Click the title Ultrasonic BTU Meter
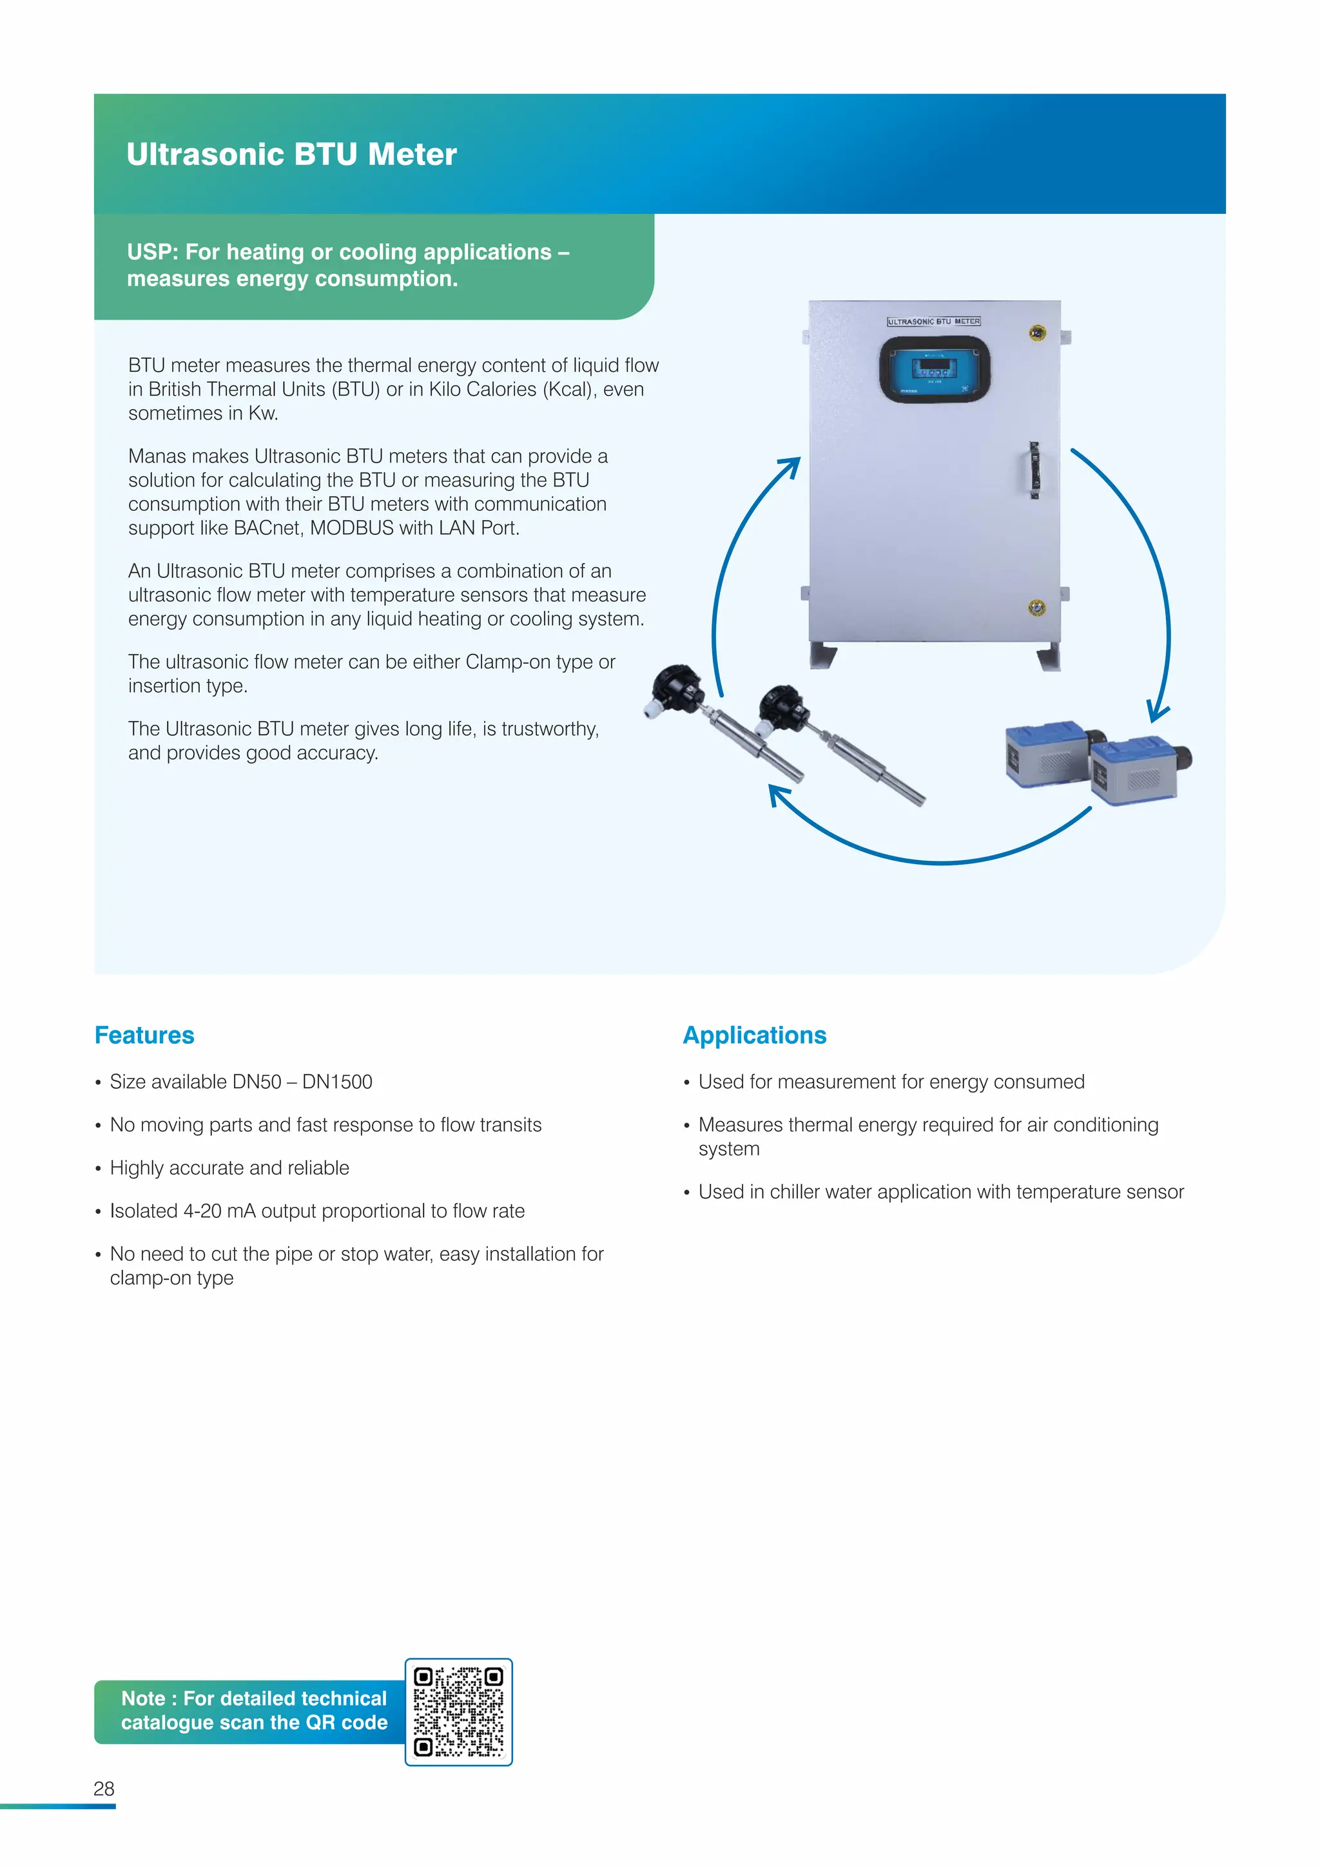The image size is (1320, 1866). click(x=291, y=155)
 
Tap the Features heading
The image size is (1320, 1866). click(x=144, y=1035)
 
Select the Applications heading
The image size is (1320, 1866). click(x=753, y=1035)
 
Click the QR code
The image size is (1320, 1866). click(x=458, y=1711)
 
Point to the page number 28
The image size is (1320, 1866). click(x=104, y=1788)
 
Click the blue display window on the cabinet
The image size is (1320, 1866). click(x=934, y=370)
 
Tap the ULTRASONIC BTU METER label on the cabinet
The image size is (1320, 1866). click(x=934, y=322)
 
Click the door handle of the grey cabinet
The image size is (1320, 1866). click(x=1034, y=470)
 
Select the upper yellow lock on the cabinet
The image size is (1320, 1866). click(x=1037, y=333)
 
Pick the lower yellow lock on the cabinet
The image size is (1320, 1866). click(x=1036, y=607)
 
